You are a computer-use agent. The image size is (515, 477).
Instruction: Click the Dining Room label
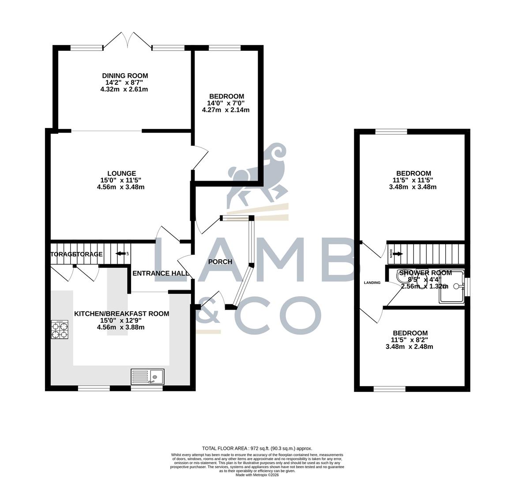click(x=125, y=76)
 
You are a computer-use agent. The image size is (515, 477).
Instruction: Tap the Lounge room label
click(x=121, y=174)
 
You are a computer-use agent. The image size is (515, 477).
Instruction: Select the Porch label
click(x=220, y=261)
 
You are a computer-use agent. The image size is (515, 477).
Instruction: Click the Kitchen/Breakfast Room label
click(x=121, y=314)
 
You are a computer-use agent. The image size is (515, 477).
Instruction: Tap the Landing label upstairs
click(x=372, y=282)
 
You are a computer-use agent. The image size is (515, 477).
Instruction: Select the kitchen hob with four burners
click(x=60, y=329)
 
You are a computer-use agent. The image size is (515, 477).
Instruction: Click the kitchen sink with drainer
click(x=147, y=377)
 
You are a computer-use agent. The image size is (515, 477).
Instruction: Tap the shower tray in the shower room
click(x=451, y=288)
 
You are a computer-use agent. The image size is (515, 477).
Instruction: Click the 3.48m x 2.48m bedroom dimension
click(x=409, y=347)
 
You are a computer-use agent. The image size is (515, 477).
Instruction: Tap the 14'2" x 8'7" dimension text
click(x=124, y=82)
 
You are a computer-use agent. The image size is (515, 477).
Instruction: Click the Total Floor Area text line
click(x=257, y=448)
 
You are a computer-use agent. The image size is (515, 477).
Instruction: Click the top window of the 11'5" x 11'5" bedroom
click(x=391, y=131)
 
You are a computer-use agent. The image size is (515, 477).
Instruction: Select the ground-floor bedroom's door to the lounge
click(x=199, y=157)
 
